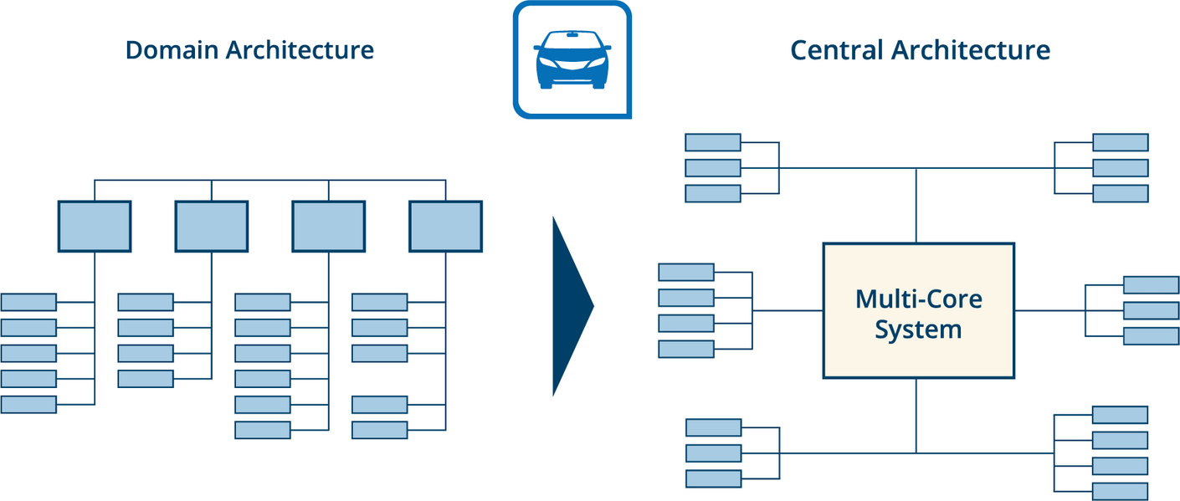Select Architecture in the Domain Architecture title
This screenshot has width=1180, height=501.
pyautogui.click(x=300, y=50)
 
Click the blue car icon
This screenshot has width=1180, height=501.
pyautogui.click(x=572, y=59)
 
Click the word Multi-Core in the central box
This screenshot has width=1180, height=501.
pyautogui.click(x=918, y=299)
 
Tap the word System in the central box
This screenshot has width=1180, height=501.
pyautogui.click(x=918, y=330)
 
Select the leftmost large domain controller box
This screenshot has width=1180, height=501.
pyautogui.click(x=95, y=226)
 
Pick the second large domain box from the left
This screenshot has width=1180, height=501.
pyautogui.click(x=212, y=226)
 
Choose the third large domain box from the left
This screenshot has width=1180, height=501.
pyautogui.click(x=329, y=226)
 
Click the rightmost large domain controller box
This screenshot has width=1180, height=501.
pyautogui.click(x=446, y=226)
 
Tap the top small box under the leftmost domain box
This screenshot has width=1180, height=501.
pyautogui.click(x=28, y=302)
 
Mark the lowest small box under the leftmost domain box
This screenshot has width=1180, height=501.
pyautogui.click(x=28, y=405)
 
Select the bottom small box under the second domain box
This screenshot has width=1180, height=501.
pyautogui.click(x=146, y=379)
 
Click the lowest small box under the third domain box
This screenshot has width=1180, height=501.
pyautogui.click(x=263, y=430)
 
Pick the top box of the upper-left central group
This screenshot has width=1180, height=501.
pyautogui.click(x=713, y=142)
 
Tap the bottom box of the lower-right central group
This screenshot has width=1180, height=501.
pyautogui.click(x=1120, y=492)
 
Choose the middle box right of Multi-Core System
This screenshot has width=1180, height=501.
pyautogui.click(x=1151, y=310)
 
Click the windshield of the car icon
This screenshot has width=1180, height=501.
pyautogui.click(x=572, y=43)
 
